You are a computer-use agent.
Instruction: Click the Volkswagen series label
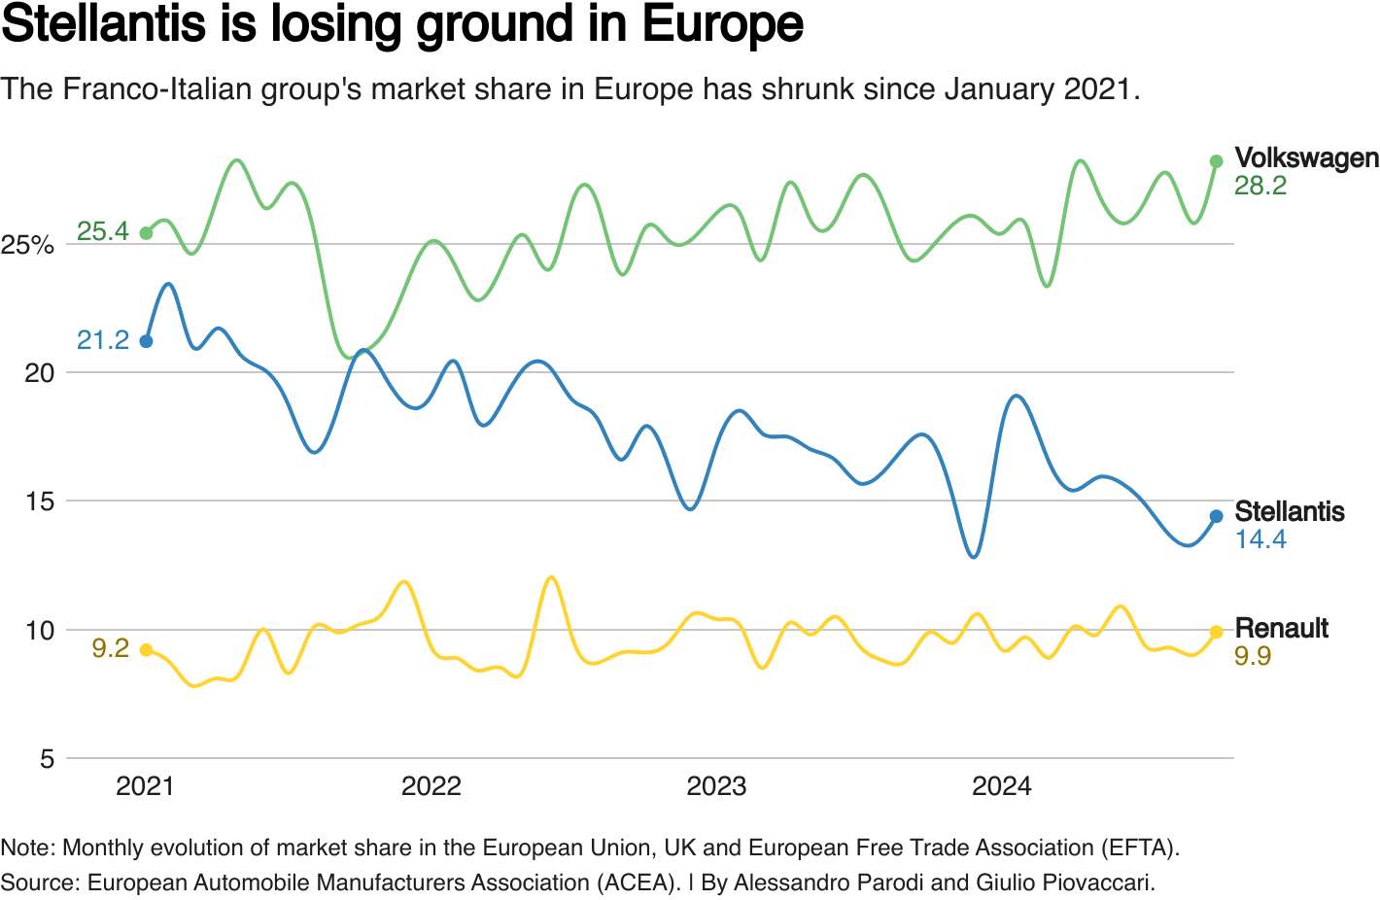pos(1306,157)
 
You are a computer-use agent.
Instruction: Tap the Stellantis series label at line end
pos(1290,511)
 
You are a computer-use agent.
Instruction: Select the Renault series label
pos(1281,628)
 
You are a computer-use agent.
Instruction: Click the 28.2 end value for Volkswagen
pos(1260,186)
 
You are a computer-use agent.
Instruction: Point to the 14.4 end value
pos(1260,539)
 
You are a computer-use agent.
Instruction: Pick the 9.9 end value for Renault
pos(1253,656)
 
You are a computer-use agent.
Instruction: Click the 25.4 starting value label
pos(103,231)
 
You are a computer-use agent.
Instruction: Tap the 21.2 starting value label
pos(103,340)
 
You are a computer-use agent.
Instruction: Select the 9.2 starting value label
pos(111,648)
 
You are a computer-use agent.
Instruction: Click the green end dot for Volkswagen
pos(1216,161)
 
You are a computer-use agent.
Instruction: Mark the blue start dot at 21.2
pos(146,341)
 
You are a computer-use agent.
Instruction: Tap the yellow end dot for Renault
pos(1216,632)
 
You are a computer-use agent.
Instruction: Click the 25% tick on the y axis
pos(27,245)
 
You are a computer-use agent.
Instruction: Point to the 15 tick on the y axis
pos(40,502)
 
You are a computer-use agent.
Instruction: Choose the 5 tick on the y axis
pos(47,759)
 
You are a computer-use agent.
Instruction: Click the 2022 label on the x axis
pos(431,786)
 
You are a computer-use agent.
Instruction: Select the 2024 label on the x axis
pos(1001,786)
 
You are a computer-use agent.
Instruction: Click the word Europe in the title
pos(723,24)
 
